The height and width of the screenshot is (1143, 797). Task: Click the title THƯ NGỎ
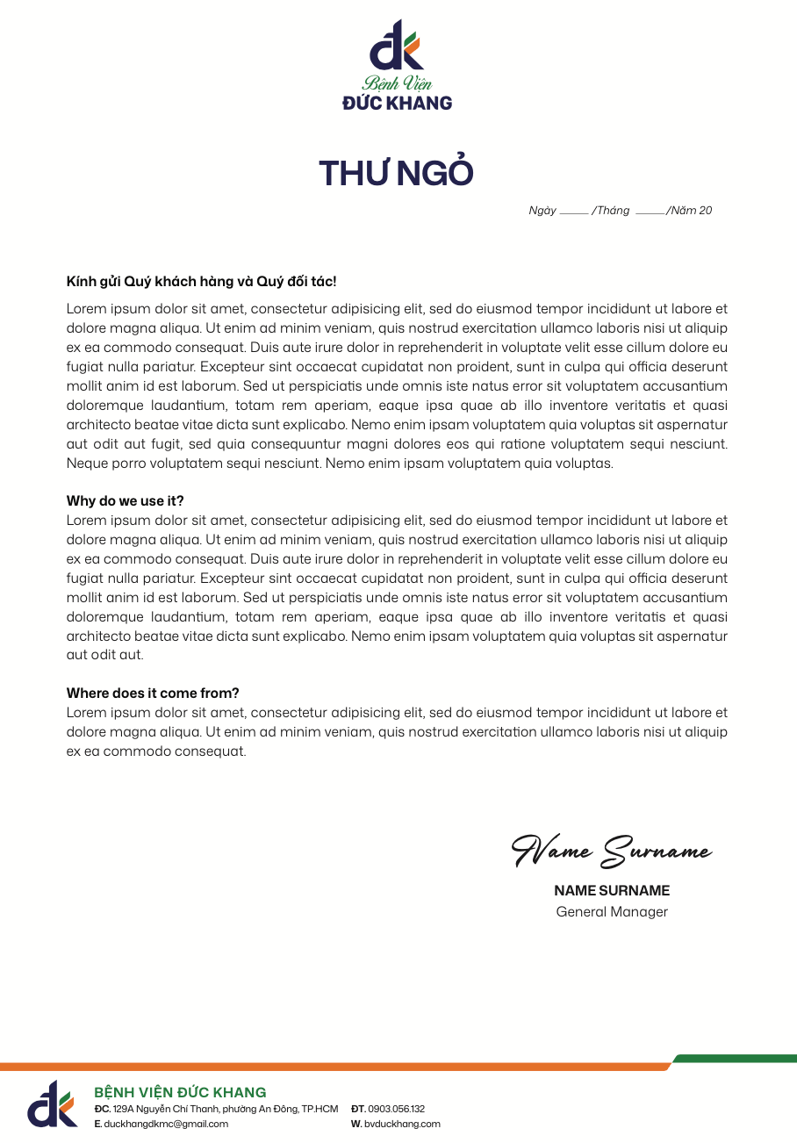pos(396,174)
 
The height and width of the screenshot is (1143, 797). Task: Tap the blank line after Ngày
pos(573,212)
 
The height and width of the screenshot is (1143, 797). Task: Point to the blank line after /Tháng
pos(650,212)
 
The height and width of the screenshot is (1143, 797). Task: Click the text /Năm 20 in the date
pos(690,211)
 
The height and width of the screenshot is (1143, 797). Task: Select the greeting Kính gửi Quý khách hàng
pos(201,282)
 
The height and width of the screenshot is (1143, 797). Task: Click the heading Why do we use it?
pos(126,501)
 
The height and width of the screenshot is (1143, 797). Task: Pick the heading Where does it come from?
pos(153,694)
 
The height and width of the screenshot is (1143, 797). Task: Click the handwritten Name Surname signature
pos(611,850)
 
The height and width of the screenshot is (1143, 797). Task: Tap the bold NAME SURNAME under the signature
pos(612,891)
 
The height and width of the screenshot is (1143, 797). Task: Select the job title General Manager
pos(612,912)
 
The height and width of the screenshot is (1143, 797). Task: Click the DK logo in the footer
pos(52,1103)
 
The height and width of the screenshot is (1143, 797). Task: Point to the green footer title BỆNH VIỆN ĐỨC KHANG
pos(180,1092)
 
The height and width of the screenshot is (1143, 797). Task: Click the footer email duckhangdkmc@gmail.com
pos(166,1124)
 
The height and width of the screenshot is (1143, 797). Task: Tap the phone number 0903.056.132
pos(396,1109)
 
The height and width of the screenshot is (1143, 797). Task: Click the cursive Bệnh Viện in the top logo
pos(397,84)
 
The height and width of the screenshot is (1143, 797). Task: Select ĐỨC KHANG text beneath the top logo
pos(397,103)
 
